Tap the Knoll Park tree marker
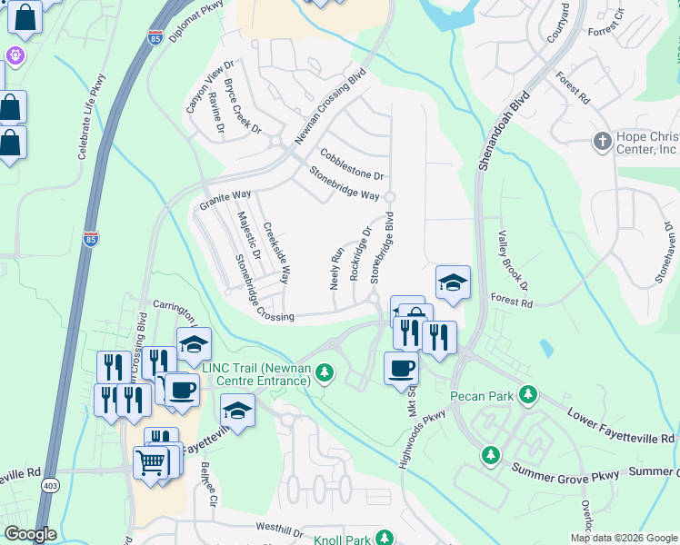coord(385,539)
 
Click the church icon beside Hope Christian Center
coord(601,142)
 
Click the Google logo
coord(30,534)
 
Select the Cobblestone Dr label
coord(352,163)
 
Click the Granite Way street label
coord(224,201)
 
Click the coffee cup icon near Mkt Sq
coord(401,369)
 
